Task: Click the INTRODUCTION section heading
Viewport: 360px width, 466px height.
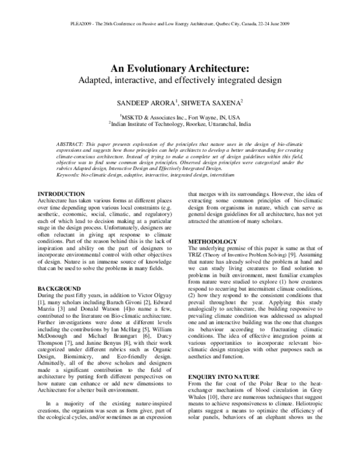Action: point(61,193)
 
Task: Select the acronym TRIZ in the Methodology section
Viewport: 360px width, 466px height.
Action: point(196,256)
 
